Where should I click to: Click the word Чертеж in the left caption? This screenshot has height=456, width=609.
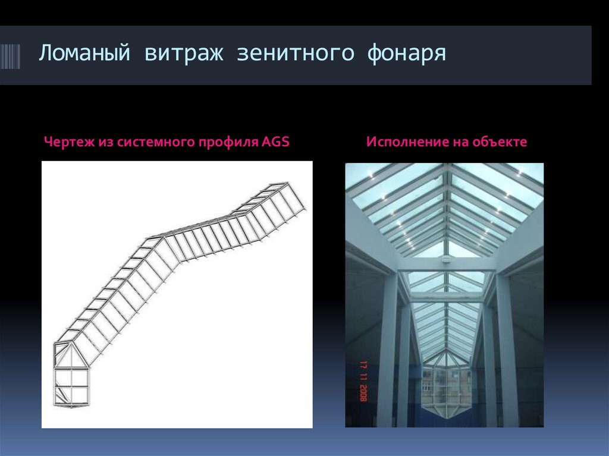65,143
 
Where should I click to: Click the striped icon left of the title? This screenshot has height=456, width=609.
10,57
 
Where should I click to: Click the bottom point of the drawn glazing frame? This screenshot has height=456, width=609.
70,408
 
